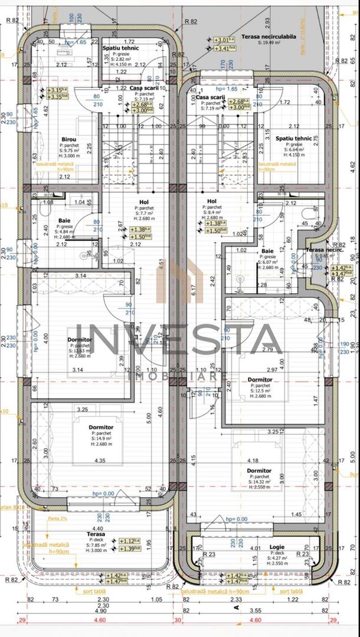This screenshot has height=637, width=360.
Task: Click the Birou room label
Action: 68,139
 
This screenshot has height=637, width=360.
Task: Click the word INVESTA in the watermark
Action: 179,340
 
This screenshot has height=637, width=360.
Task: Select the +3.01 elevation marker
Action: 220,40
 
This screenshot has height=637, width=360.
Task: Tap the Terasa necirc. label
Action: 319,251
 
